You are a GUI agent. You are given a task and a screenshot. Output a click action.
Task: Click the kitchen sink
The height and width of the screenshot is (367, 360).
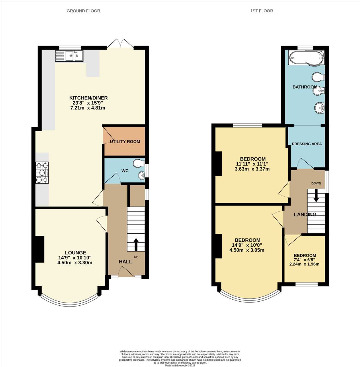(69, 56)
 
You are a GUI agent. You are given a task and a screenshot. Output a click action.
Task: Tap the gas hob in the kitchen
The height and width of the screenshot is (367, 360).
(42, 173)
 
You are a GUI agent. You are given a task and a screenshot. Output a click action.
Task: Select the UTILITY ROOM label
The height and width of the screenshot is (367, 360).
(125, 142)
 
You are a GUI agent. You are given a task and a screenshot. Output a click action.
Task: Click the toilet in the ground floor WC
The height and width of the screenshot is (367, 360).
(139, 163)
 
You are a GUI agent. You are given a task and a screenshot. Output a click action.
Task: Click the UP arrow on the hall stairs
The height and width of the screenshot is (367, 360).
(136, 245)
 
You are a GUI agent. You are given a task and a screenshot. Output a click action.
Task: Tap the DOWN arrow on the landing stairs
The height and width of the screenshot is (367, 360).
(316, 196)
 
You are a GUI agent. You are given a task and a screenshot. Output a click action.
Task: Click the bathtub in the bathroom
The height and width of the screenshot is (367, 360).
(306, 58)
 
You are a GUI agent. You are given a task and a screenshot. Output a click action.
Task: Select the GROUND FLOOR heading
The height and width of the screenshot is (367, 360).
(83, 11)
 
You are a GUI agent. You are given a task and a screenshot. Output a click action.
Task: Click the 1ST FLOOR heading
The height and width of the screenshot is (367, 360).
(261, 11)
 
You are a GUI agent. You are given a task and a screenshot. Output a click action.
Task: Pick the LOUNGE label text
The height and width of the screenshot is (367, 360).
(75, 253)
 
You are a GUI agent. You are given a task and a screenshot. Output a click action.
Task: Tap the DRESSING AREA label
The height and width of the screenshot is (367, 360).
(307, 144)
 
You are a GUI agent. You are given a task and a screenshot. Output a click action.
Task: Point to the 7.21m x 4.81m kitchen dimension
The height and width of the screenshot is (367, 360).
(88, 108)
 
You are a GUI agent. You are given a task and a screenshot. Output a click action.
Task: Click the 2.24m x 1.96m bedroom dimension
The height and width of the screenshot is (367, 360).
(304, 264)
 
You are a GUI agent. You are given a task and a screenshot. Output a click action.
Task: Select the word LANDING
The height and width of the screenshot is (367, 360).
(305, 214)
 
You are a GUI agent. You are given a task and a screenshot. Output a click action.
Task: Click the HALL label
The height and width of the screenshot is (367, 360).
(125, 262)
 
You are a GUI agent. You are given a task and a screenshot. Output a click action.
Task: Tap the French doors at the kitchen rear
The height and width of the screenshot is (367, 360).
(120, 44)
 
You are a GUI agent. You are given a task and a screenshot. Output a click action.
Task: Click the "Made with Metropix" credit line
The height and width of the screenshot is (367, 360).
(180, 366)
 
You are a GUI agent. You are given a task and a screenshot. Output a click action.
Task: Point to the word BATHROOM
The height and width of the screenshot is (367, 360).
(305, 87)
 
